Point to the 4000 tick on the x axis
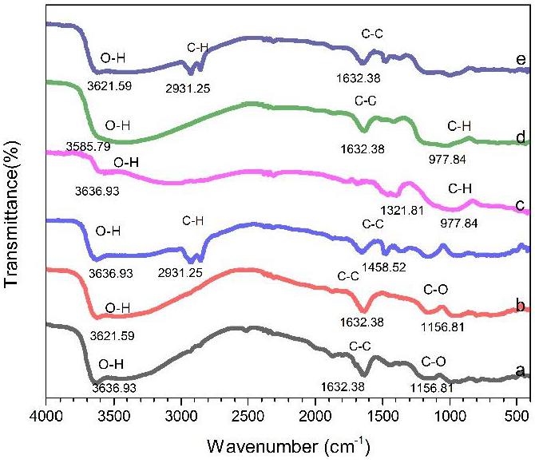point(46,414)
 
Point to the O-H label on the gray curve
point(110,366)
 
